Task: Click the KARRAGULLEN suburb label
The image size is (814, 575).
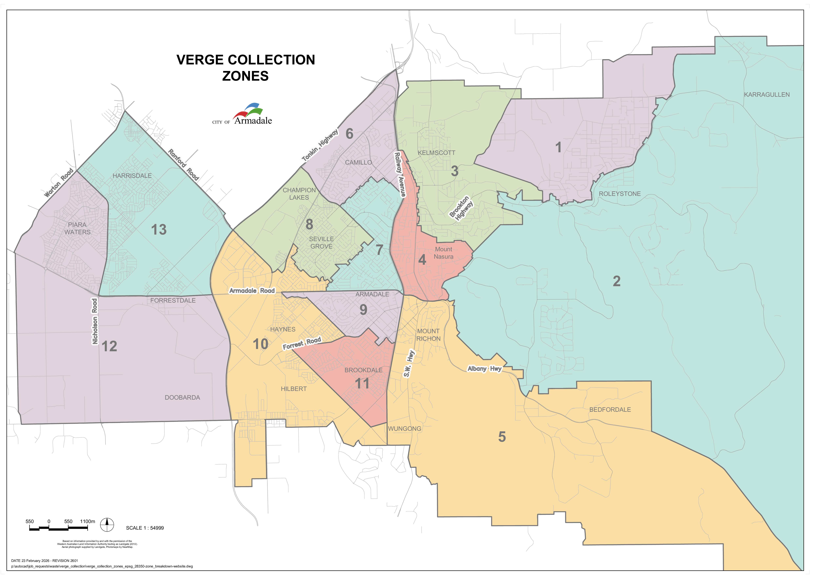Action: [766, 95]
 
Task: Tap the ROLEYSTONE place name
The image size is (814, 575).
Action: [620, 194]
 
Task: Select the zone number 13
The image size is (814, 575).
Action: [159, 230]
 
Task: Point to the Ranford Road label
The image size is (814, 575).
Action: [183, 165]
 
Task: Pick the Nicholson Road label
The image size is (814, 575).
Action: [95, 321]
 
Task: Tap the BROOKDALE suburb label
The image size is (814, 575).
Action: [363, 370]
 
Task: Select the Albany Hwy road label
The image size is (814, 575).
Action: [484, 369]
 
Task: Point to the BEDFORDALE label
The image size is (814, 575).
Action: [610, 410]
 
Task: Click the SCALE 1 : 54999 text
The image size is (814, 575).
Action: [145, 528]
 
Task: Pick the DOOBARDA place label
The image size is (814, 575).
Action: [182, 397]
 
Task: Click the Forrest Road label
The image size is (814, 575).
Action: [302, 343]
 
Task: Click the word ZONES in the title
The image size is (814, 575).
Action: [245, 76]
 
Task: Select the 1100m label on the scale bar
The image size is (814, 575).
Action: [88, 522]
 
